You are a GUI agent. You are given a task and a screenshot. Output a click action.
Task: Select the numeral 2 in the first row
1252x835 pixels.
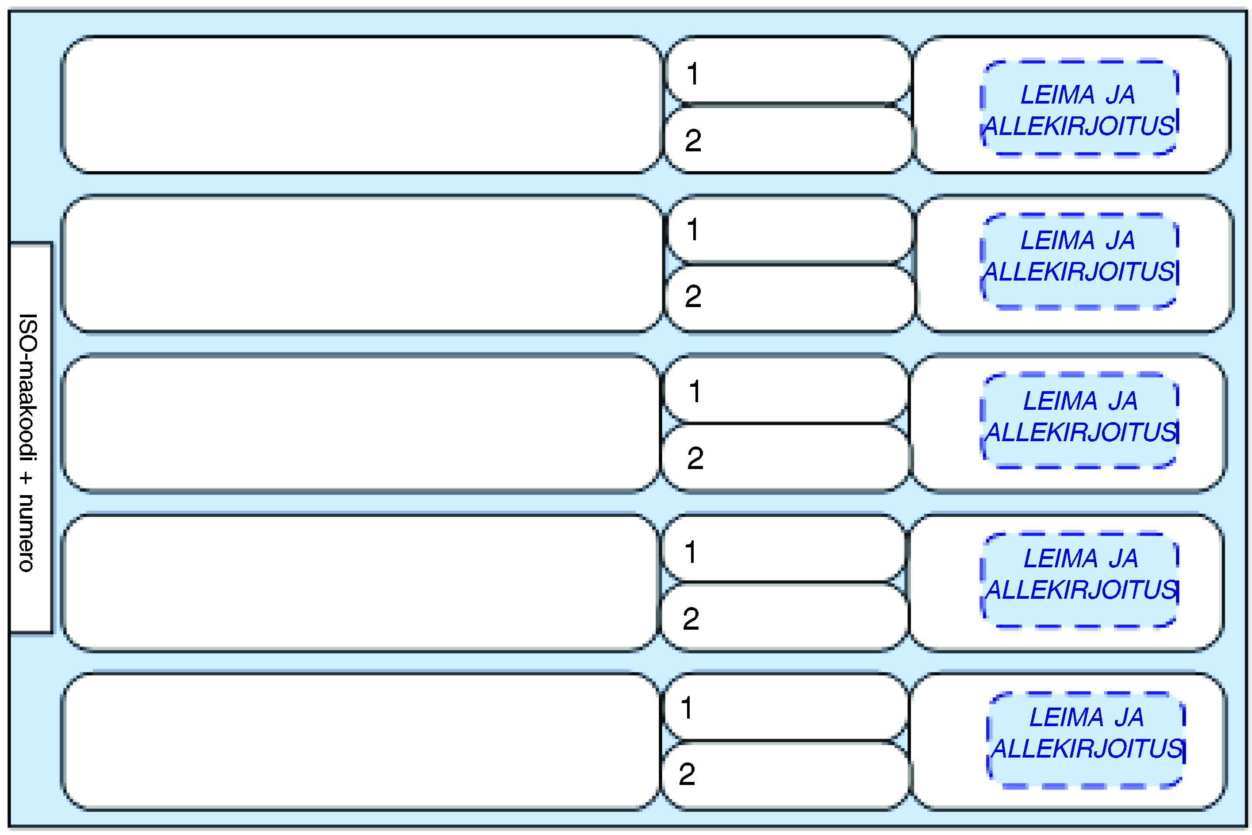693,141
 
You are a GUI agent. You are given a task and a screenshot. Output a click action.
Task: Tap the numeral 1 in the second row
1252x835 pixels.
692,230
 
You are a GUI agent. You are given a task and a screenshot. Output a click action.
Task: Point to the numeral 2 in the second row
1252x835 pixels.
693,296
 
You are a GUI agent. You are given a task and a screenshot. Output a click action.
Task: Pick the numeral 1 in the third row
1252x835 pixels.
695,392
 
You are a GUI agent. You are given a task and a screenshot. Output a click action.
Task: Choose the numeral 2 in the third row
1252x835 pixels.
695,458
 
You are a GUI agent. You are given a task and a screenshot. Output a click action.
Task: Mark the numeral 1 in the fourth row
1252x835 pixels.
691,552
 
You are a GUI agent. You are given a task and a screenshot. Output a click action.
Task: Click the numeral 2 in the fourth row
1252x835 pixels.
691,619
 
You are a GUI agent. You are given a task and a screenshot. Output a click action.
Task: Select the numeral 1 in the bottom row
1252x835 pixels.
687,708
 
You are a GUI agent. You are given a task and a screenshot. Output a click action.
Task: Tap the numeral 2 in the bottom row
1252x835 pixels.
687,774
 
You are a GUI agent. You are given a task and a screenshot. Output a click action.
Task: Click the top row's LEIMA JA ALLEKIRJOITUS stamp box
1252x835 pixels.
1079,108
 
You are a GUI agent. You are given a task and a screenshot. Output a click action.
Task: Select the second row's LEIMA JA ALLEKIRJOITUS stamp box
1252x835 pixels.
1079,261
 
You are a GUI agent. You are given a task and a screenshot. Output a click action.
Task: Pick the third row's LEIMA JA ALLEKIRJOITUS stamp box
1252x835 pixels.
1079,421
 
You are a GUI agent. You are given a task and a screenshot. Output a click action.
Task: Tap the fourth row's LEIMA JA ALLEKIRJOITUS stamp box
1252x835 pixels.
1079,580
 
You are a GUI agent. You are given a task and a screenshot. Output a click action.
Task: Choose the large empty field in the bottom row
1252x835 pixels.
361,741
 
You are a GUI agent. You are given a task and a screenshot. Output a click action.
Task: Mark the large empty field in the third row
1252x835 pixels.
361,423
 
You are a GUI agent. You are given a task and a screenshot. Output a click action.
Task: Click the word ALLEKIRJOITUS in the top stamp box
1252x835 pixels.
1079,126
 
